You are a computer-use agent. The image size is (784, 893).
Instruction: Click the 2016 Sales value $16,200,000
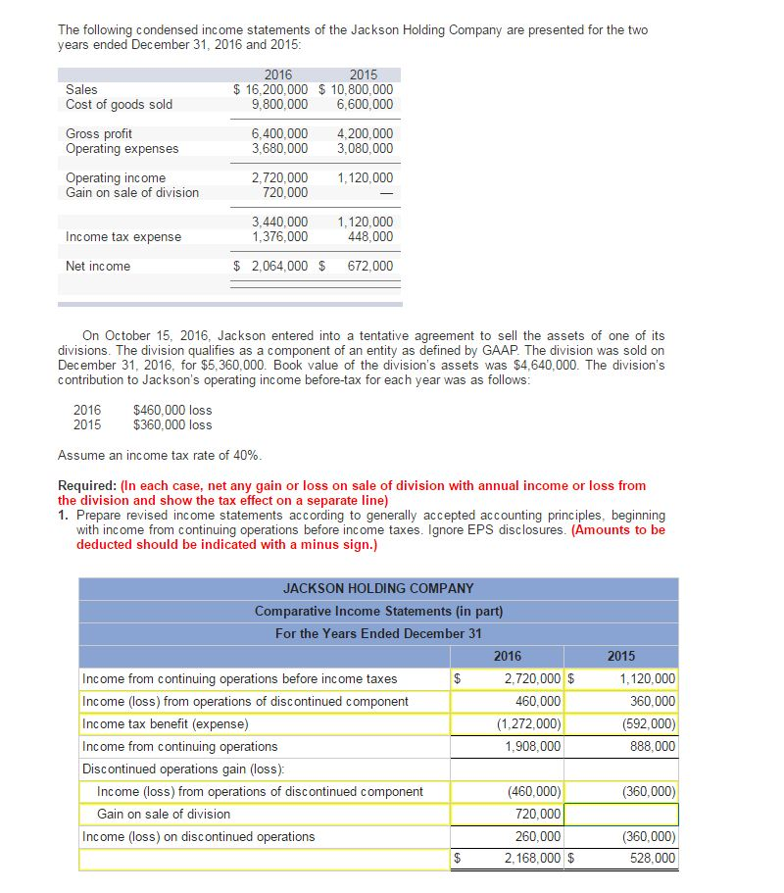(x=270, y=89)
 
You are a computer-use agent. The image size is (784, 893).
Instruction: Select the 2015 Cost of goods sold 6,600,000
(x=365, y=104)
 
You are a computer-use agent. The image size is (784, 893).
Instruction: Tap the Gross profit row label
(x=99, y=133)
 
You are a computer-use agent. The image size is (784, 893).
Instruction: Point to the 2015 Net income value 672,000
(x=369, y=266)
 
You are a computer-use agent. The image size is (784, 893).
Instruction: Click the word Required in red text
(x=86, y=485)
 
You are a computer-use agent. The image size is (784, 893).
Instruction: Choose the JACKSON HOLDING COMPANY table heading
(x=378, y=588)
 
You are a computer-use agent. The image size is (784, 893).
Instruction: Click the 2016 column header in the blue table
(x=508, y=656)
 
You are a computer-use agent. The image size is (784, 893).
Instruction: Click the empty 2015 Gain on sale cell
(x=621, y=814)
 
